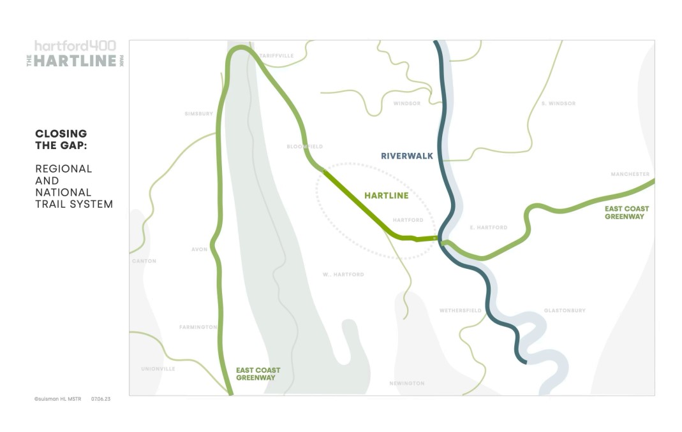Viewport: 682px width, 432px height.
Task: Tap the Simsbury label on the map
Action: (x=198, y=114)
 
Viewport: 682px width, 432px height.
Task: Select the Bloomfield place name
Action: (x=305, y=147)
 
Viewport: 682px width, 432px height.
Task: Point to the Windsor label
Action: (x=407, y=103)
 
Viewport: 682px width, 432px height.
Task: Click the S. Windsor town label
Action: (x=558, y=103)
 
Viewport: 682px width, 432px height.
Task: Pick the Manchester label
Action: (x=630, y=174)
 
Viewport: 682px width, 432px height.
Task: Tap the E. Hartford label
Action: (x=489, y=227)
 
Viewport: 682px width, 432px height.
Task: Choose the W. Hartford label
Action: (x=343, y=275)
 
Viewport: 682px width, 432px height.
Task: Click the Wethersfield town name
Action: (x=460, y=311)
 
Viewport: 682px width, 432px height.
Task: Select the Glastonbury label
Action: (x=565, y=311)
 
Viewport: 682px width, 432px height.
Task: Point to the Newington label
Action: (x=406, y=384)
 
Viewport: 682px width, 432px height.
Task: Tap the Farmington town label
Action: (x=198, y=328)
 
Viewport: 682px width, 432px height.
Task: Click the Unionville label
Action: (x=158, y=369)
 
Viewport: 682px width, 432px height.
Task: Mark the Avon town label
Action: (x=199, y=250)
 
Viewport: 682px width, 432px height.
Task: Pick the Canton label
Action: (x=144, y=261)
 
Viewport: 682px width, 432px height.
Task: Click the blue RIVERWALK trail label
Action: (x=407, y=155)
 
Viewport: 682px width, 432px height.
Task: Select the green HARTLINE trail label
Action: (x=386, y=196)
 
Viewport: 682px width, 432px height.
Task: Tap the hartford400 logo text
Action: (x=75, y=46)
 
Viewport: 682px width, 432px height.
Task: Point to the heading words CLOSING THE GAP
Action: (x=61, y=139)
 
